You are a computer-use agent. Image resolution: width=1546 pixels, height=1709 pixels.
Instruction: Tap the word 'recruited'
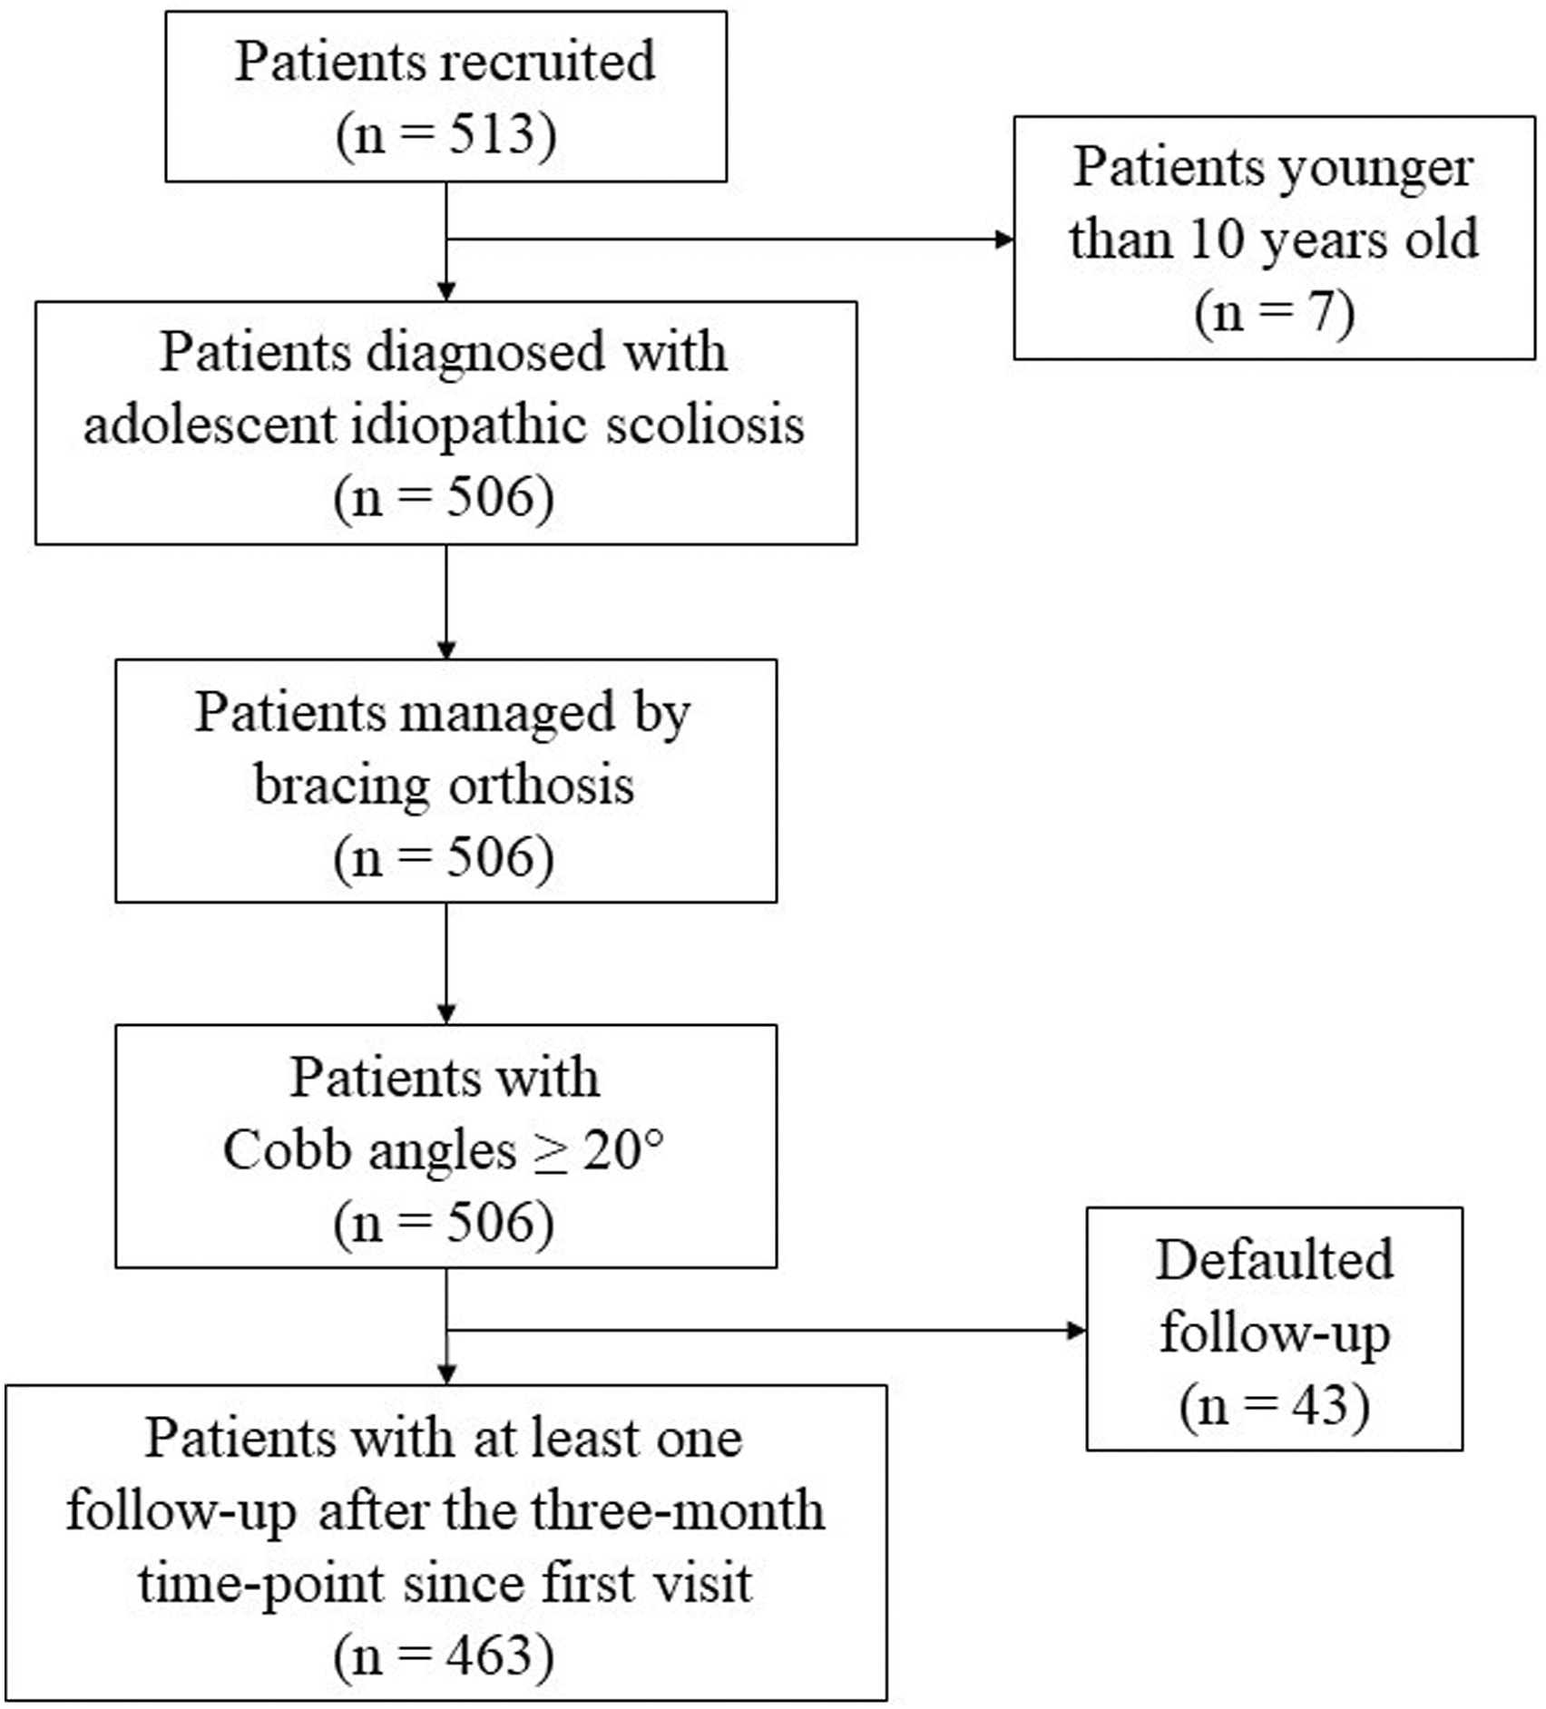(x=548, y=61)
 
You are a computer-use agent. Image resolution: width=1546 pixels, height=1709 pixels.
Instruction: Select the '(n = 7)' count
(x=1275, y=313)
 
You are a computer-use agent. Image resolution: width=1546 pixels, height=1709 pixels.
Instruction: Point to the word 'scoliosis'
(x=705, y=424)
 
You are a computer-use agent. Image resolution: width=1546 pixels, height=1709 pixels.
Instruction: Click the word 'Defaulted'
(x=1275, y=1260)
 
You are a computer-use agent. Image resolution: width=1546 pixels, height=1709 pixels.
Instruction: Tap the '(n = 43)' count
(x=1275, y=1405)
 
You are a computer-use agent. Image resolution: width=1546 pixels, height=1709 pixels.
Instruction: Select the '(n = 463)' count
(x=444, y=1656)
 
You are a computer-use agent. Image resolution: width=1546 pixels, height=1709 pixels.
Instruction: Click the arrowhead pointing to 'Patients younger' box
(x=1004, y=239)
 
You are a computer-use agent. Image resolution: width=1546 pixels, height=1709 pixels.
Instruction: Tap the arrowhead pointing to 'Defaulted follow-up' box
(x=1077, y=1331)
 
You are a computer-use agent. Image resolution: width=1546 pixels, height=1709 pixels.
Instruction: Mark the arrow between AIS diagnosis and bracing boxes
(x=446, y=601)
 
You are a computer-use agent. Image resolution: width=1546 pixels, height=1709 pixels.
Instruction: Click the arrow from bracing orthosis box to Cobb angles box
(x=446, y=963)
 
